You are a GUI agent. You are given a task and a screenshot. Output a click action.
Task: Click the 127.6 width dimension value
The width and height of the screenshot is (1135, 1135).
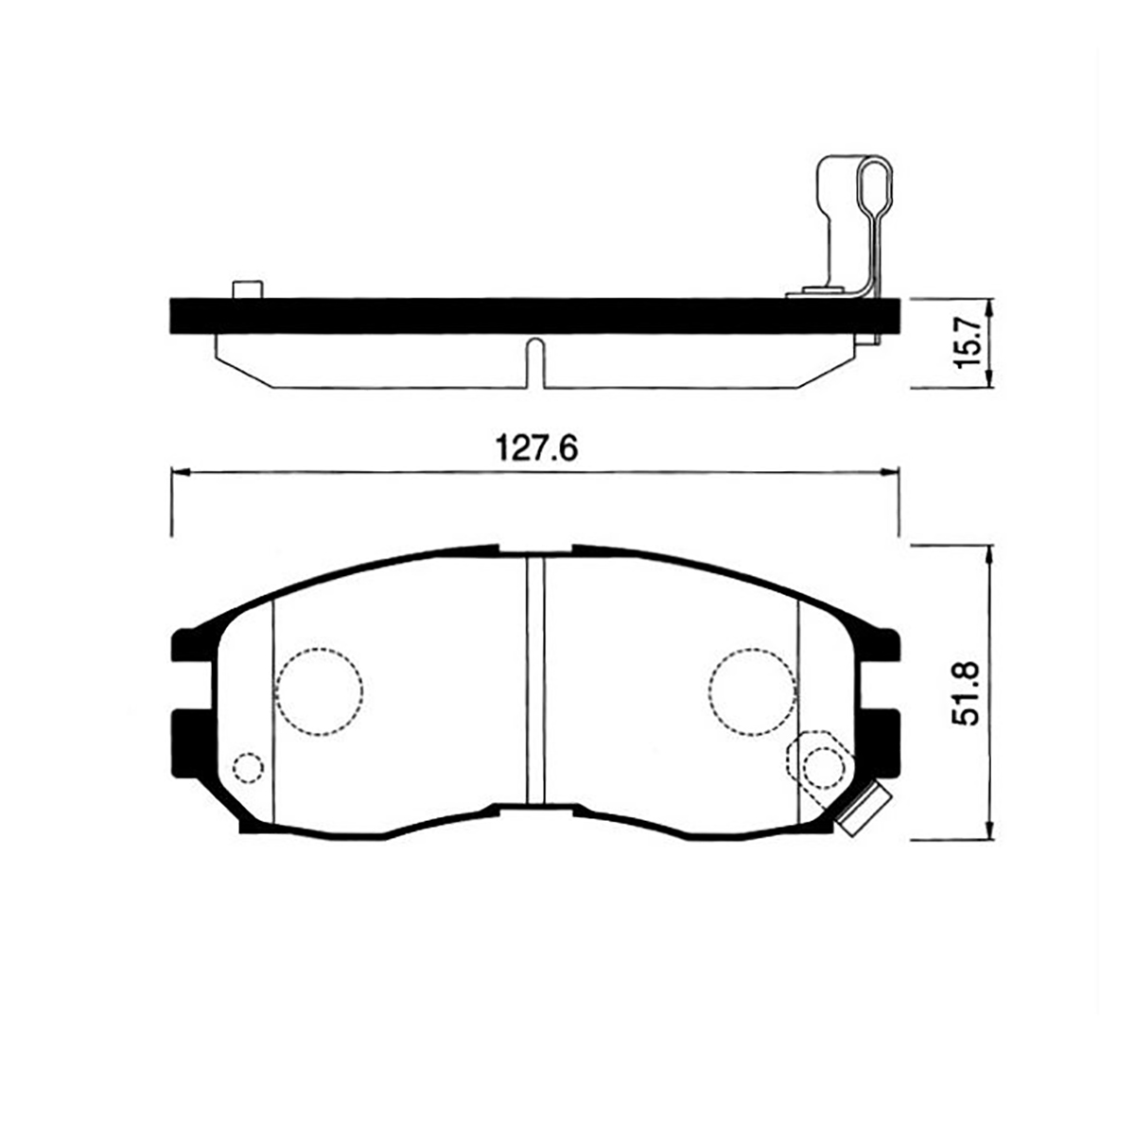tap(536, 449)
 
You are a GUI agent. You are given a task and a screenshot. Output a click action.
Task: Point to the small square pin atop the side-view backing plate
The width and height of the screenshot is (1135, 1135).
tap(247, 289)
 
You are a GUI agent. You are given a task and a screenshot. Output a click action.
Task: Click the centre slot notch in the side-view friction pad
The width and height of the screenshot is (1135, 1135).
tap(534, 362)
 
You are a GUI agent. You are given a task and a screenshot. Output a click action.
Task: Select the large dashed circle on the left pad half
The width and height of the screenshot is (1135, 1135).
tap(320, 690)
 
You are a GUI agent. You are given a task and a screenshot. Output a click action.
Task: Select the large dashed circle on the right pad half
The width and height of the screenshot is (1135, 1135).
tap(753, 690)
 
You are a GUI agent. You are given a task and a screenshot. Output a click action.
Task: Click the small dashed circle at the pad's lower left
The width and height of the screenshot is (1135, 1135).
tap(248, 767)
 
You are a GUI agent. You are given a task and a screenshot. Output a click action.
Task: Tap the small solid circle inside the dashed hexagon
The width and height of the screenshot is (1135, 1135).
tap(820, 767)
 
